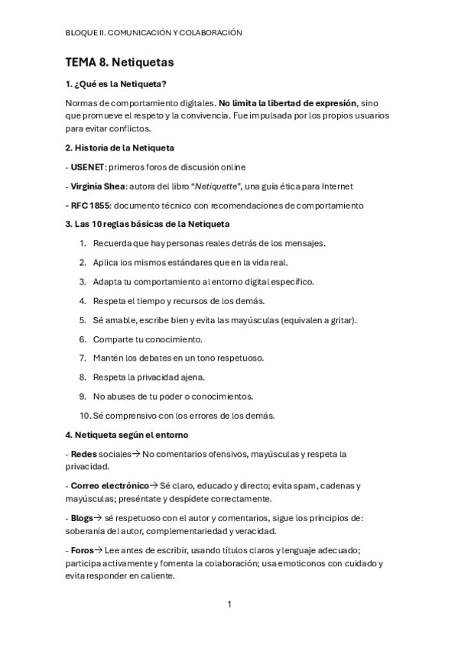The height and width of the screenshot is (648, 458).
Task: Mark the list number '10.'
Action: pyautogui.click(x=84, y=416)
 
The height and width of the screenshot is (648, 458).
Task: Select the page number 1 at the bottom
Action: pyautogui.click(x=229, y=604)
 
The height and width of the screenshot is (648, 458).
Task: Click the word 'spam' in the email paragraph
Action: pyautogui.click(x=304, y=485)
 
